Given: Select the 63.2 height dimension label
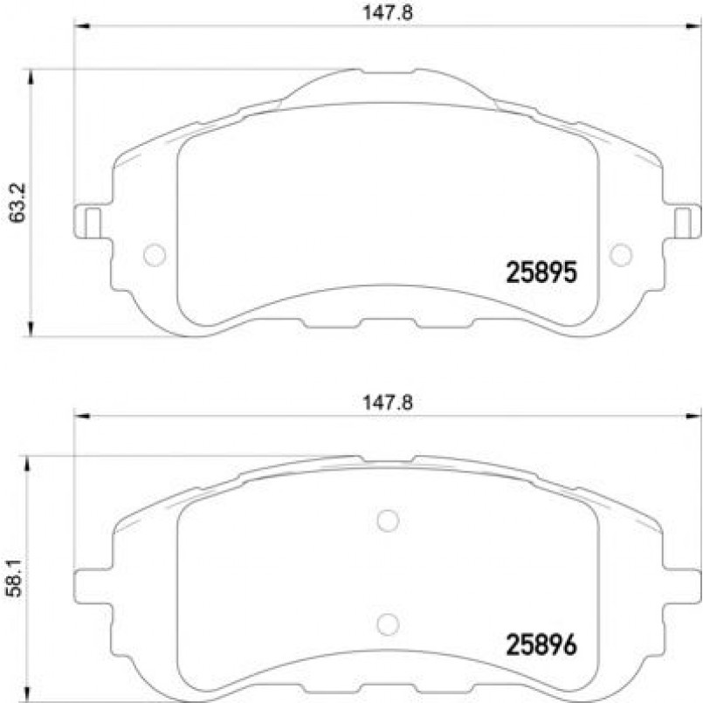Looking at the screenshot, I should pyautogui.click(x=16, y=203).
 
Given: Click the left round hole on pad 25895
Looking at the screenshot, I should pyautogui.click(x=154, y=254).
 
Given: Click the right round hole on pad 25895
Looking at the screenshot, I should pyautogui.click(x=621, y=254).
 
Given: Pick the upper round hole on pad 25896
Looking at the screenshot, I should pyautogui.click(x=387, y=520).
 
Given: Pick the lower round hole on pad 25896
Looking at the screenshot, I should pyautogui.click(x=387, y=623).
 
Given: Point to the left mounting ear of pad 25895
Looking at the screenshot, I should pyautogui.click(x=88, y=220).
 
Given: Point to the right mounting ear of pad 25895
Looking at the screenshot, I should pyautogui.click(x=688, y=220).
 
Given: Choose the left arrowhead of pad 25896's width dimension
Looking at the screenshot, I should pyautogui.click(x=81, y=416).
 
